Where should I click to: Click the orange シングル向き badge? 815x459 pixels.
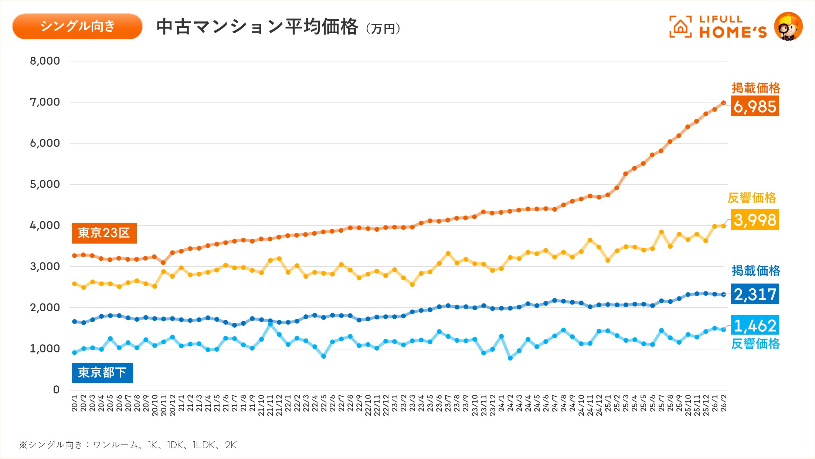click(77, 26)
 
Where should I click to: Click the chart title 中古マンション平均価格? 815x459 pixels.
click(257, 27)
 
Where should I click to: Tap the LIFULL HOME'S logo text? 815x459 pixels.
click(733, 27)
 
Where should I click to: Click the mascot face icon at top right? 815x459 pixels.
click(788, 27)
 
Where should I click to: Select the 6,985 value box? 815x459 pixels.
click(755, 106)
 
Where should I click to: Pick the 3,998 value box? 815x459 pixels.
click(755, 220)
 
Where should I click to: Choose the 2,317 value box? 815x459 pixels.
click(755, 294)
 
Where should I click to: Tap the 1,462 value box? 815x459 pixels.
click(755, 325)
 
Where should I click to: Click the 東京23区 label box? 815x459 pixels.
click(104, 233)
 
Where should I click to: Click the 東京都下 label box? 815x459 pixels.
click(102, 373)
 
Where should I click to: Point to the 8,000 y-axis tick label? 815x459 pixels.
click(45, 61)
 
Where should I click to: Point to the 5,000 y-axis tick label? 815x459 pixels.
click(45, 184)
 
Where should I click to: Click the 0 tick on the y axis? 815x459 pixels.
click(56, 390)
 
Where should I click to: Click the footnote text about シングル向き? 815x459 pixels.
click(128, 445)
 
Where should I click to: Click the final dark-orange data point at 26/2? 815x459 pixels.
click(723, 103)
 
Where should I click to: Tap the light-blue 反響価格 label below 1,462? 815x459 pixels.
click(755, 344)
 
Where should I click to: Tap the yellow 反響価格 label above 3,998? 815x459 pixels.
click(752, 198)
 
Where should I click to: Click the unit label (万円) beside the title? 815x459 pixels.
click(383, 29)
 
